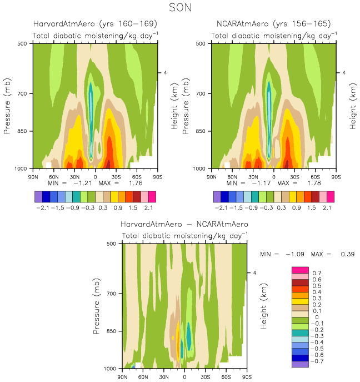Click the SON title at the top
pyautogui.click(x=180, y=7)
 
